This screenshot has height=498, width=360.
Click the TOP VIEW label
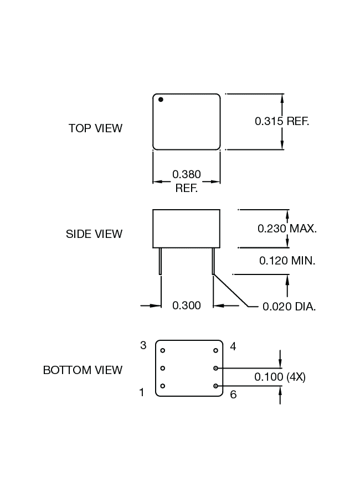pos(95,128)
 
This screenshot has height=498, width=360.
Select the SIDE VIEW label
pos(94,234)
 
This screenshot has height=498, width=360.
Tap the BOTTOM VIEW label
pos(83,370)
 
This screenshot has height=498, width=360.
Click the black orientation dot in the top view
pos(161,100)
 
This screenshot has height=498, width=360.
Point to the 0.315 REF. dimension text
pos(281,121)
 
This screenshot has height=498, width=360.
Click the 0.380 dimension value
pos(187,175)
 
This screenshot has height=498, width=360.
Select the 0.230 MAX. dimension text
pos(287,228)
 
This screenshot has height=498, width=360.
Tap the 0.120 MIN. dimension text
pos(287,260)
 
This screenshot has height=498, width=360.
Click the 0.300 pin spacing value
pos(187,305)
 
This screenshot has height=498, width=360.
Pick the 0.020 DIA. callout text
pos(289,306)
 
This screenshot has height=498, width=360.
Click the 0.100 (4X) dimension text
pos(280,377)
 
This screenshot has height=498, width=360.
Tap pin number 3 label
pos(143,345)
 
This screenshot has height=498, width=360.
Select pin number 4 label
pos(233,346)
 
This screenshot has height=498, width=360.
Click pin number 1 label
pos(142,392)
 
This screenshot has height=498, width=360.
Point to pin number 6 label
pos(233,395)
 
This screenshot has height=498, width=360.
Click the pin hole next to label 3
pos(163,350)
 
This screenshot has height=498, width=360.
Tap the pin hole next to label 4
pos(216,350)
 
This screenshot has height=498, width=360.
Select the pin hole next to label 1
pos(163,386)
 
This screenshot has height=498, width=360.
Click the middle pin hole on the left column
pos(163,368)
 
